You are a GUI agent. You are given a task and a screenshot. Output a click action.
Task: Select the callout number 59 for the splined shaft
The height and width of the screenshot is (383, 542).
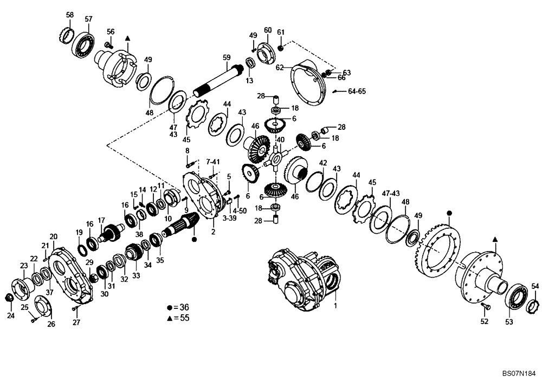click(227, 57)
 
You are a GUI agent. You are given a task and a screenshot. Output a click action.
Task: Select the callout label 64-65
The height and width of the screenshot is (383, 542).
click(357, 91)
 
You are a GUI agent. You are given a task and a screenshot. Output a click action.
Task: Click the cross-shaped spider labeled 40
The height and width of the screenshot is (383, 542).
click(276, 157)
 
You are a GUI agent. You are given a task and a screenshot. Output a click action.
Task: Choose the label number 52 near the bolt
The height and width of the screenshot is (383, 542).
click(484, 321)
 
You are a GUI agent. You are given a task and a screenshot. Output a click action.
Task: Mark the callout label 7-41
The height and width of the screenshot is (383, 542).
click(212, 161)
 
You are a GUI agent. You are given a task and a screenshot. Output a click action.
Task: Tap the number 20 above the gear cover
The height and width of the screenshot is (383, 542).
click(53, 237)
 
